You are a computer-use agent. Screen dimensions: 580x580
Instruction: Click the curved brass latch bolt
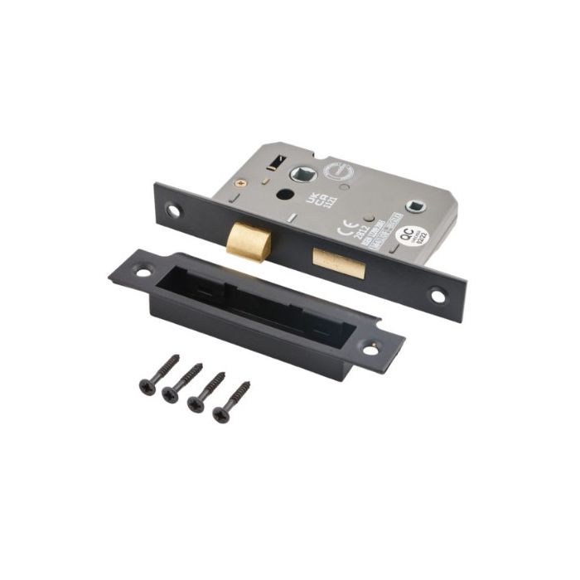pyautogui.click(x=248, y=241)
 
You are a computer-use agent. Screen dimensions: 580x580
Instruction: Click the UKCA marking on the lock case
pyautogui.click(x=312, y=200)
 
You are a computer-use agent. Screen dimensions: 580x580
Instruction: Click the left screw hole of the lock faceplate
pyautogui.click(x=173, y=210)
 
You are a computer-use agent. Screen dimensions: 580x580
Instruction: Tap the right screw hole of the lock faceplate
pyautogui.click(x=437, y=293)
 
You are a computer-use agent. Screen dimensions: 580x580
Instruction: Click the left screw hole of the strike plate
pyautogui.click(x=143, y=271)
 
